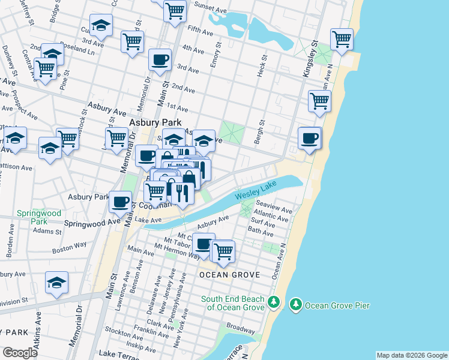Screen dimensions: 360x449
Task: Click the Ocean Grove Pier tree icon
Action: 295,305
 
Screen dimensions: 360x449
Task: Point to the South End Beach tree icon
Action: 274,302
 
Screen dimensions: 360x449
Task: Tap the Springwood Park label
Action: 38,217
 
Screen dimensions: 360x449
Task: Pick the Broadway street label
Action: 241,329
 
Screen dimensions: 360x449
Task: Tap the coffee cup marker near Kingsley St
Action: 310,139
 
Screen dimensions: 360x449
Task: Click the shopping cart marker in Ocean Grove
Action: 223,251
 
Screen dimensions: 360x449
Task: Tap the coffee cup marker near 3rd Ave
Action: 160,60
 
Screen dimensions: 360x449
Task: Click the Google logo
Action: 20,353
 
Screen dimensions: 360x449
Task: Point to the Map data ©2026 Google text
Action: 411,355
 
